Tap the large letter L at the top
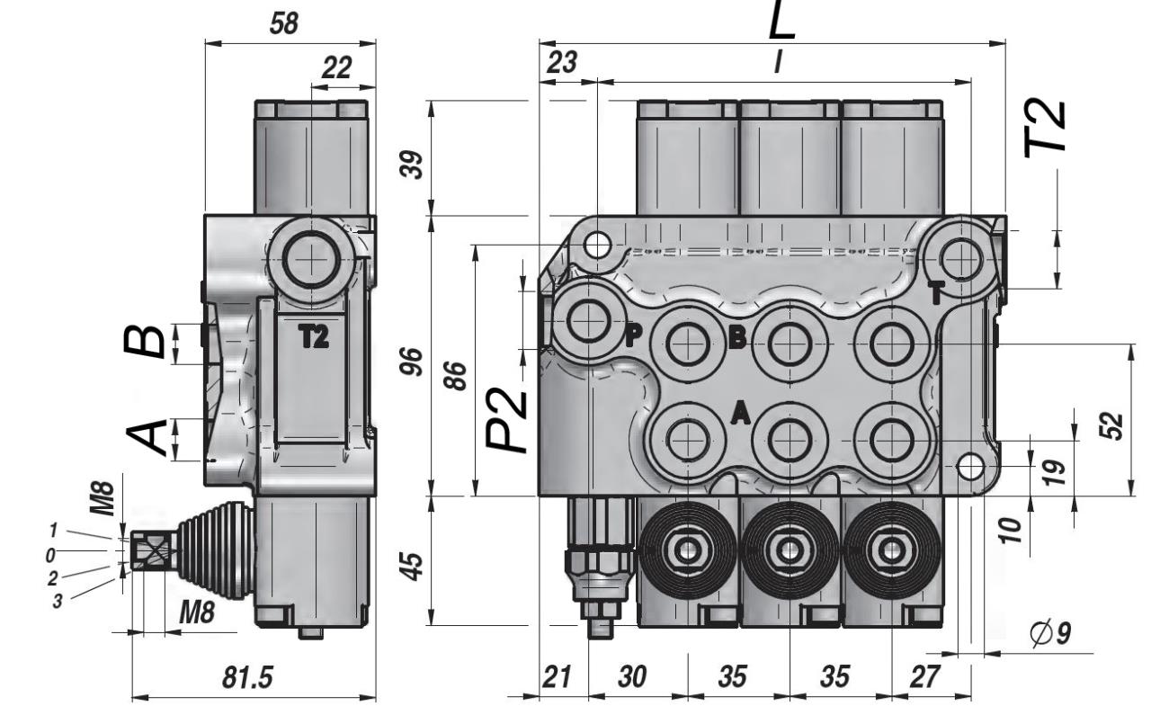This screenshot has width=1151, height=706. pyautogui.click(x=782, y=22)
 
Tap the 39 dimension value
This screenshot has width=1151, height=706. pyautogui.click(x=411, y=164)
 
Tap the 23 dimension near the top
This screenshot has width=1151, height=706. pyautogui.click(x=563, y=63)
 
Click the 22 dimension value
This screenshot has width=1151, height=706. pyautogui.click(x=336, y=67)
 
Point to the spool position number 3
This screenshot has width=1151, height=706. pyautogui.click(x=58, y=601)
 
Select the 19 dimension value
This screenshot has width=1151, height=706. pyautogui.click(x=1059, y=468)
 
